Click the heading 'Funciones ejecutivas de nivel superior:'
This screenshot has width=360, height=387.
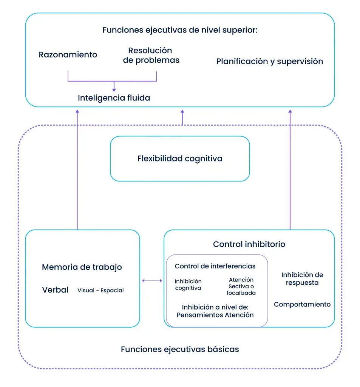click(x=180, y=30)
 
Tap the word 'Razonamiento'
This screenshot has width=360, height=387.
click(x=68, y=54)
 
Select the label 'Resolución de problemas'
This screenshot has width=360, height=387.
click(x=151, y=55)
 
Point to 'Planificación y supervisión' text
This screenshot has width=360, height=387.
click(x=269, y=61)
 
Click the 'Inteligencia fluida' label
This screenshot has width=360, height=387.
click(x=114, y=98)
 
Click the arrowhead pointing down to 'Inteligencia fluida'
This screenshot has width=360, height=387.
click(x=114, y=90)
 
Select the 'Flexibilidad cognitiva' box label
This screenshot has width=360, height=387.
click(x=180, y=158)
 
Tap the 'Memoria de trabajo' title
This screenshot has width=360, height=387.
click(x=82, y=267)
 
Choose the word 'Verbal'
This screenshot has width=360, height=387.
click(x=55, y=290)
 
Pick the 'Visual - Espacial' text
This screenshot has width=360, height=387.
click(x=100, y=291)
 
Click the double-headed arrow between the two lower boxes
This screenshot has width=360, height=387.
click(x=152, y=280)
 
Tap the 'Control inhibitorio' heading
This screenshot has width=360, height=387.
click(x=249, y=244)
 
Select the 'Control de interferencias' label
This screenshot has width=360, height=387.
click(x=215, y=266)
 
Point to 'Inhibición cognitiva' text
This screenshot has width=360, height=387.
click(x=188, y=285)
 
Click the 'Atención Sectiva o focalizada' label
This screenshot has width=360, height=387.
click(x=241, y=286)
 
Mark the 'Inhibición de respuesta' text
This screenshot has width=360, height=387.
click(x=302, y=279)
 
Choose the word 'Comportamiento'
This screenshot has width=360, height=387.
click(x=302, y=304)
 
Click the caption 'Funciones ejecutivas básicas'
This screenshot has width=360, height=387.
click(x=180, y=349)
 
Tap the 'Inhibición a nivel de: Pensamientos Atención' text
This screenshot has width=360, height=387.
click(x=215, y=311)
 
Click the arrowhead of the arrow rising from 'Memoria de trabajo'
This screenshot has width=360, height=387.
click(x=77, y=111)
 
